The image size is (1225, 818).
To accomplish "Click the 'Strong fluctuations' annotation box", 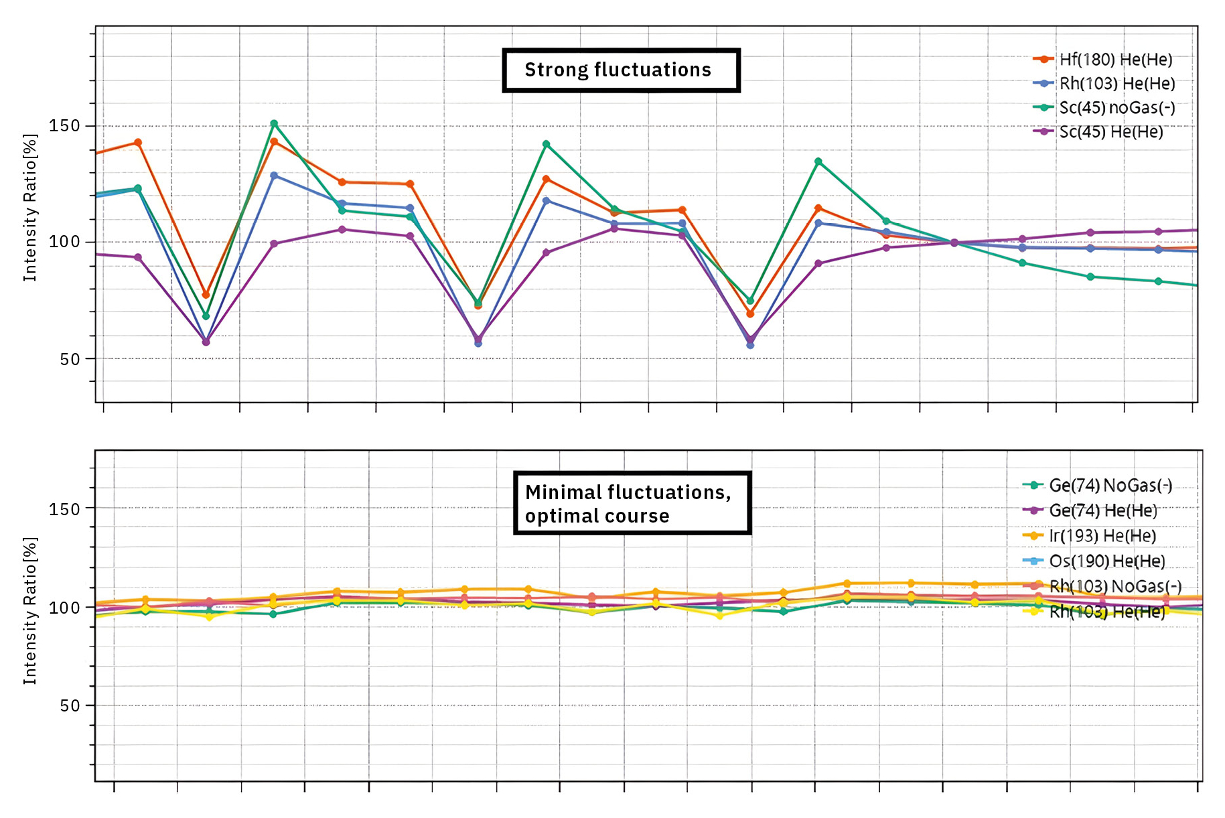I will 621,70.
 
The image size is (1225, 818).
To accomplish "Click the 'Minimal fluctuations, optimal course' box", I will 632,503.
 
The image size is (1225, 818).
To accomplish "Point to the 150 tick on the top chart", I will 64,126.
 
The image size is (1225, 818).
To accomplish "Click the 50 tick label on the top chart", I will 69,359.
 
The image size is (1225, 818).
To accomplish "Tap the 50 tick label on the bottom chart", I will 69,705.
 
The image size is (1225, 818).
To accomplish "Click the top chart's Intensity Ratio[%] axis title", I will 30,208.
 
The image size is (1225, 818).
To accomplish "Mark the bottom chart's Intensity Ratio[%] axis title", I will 30,611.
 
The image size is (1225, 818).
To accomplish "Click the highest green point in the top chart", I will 274,123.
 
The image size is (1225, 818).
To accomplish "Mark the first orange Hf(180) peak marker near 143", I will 138,142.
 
